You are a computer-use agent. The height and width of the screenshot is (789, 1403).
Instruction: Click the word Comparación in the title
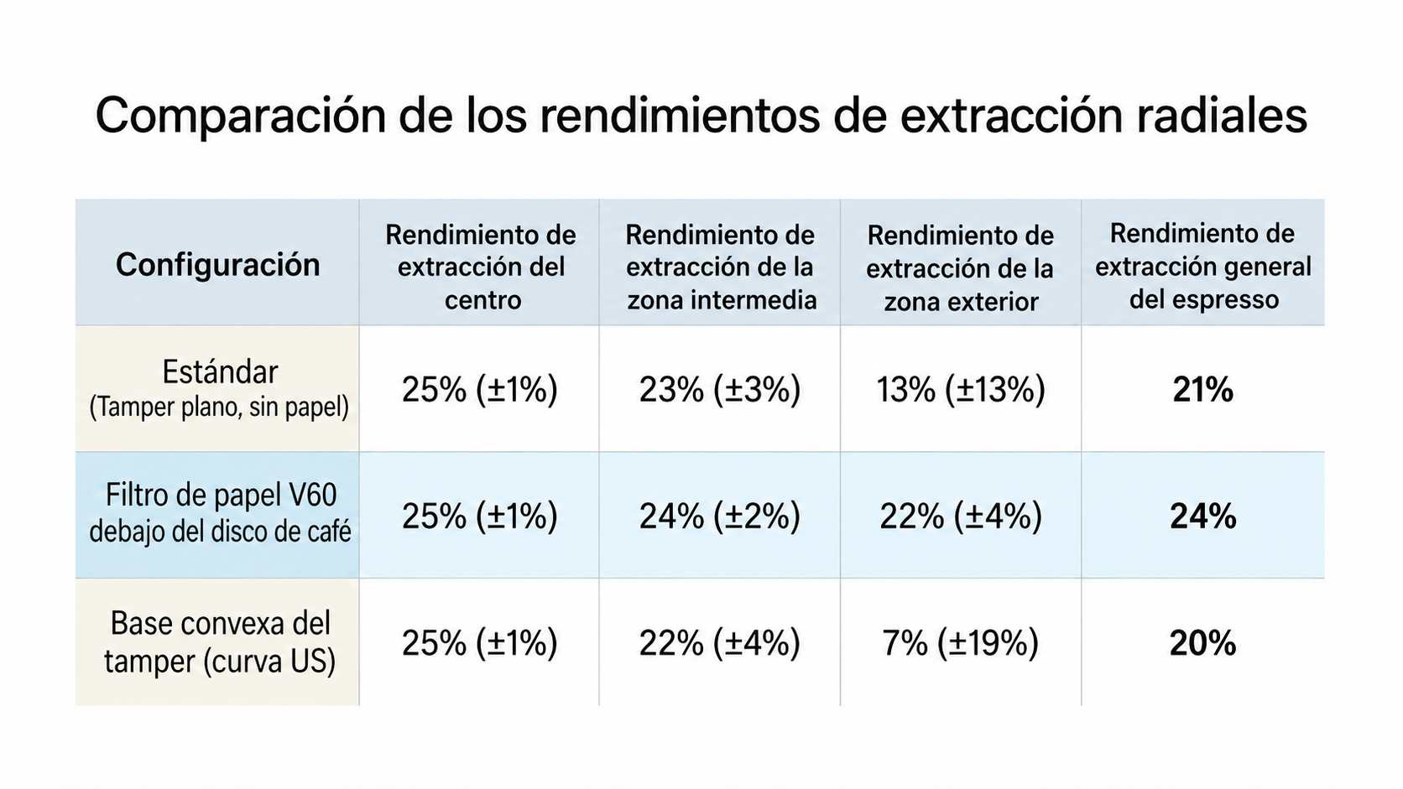(240, 117)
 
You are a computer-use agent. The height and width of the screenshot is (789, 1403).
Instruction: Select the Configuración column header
(218, 265)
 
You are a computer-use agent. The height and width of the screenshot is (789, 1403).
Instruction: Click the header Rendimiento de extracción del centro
(481, 267)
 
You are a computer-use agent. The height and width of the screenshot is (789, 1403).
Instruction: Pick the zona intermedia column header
(720, 267)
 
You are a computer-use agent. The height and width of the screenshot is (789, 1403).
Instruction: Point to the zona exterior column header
(961, 268)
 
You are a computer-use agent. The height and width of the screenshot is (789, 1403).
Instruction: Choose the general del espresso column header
(1202, 266)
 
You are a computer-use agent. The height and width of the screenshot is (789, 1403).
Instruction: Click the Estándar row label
(219, 389)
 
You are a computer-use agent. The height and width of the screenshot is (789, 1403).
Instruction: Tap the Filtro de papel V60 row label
(220, 514)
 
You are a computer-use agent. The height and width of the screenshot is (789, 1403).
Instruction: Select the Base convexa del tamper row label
(220, 642)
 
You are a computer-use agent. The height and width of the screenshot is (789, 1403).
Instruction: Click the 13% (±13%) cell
(961, 390)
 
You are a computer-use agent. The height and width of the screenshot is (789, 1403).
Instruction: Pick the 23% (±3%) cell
(720, 390)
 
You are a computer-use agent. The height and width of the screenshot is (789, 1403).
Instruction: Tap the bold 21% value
(1202, 390)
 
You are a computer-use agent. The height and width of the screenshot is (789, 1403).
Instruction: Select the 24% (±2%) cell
(720, 516)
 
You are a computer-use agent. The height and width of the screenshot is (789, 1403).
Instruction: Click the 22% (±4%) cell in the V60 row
(961, 516)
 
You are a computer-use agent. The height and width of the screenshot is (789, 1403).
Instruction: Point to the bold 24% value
(1202, 516)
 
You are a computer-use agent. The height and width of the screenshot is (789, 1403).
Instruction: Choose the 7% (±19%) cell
(961, 643)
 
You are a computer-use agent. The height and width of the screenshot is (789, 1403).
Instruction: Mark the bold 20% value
(1202, 643)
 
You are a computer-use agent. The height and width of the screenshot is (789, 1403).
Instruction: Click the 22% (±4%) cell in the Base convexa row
(720, 643)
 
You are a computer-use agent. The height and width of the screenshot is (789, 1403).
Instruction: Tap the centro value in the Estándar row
(480, 390)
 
